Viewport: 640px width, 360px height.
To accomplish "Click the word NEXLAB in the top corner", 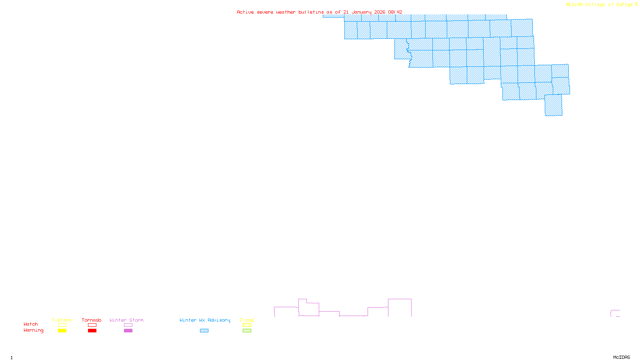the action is tap(574, 5).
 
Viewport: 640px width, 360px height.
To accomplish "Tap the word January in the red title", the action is tap(362, 12).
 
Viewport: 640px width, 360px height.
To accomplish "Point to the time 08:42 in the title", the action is tap(395, 12).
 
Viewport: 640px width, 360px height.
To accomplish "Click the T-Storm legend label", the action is tap(62, 320).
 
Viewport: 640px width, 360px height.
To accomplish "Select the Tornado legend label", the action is tap(92, 320).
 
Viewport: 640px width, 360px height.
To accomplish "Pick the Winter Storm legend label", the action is tap(126, 320).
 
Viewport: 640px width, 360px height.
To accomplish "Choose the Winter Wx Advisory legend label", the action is tap(205, 320).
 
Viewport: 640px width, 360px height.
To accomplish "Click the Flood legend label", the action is tap(247, 320).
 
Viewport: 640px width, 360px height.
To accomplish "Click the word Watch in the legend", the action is tap(31, 324).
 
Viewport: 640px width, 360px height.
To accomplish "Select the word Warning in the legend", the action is tap(34, 330).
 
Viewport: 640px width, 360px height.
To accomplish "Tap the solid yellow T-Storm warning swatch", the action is tap(62, 331).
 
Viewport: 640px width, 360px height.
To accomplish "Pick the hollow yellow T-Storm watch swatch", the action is tap(62, 325).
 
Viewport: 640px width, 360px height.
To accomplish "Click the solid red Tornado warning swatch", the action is tap(92, 331).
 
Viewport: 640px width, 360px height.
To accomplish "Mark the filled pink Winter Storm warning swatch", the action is tap(128, 331).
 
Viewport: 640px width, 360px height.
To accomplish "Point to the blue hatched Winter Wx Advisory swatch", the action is tap(204, 331).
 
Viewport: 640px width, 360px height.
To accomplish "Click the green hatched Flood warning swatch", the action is tap(247, 331).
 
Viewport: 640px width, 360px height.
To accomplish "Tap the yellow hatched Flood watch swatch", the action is tap(247, 325).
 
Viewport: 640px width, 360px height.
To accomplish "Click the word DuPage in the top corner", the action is tap(624, 5).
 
